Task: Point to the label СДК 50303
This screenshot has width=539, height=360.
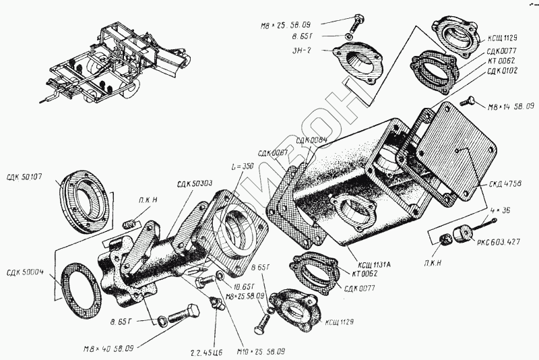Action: click(x=195, y=183)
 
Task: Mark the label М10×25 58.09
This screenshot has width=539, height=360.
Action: click(x=259, y=351)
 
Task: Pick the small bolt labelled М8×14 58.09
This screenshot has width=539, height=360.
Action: click(x=468, y=102)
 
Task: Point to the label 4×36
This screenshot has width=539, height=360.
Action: click(x=502, y=210)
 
